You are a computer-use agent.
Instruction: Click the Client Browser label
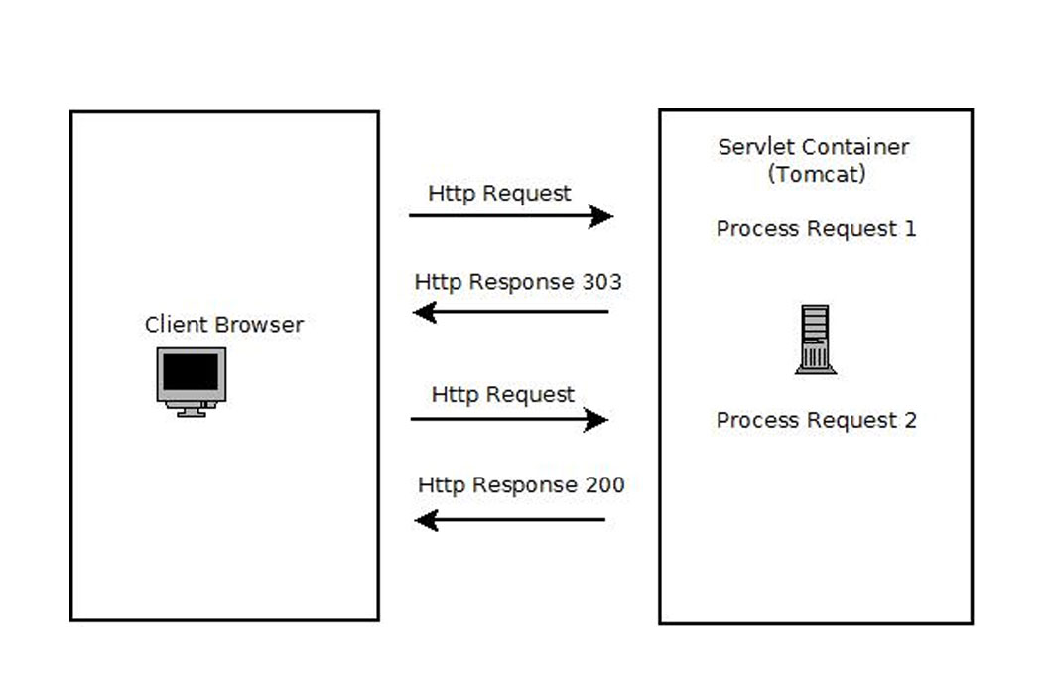[x=224, y=325]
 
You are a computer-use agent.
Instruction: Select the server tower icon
[x=816, y=340]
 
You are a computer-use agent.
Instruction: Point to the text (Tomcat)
[x=816, y=174]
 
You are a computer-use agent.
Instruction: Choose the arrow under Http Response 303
[x=511, y=312]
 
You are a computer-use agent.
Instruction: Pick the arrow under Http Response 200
[x=510, y=519]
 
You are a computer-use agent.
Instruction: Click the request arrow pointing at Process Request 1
[x=511, y=215]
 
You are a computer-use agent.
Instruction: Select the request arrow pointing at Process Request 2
[x=509, y=419]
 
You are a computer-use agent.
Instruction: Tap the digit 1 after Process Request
[x=909, y=229]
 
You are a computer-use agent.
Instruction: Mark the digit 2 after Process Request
[x=909, y=421]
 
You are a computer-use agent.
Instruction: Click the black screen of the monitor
[x=191, y=372]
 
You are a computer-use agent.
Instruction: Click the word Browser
[x=261, y=325]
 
